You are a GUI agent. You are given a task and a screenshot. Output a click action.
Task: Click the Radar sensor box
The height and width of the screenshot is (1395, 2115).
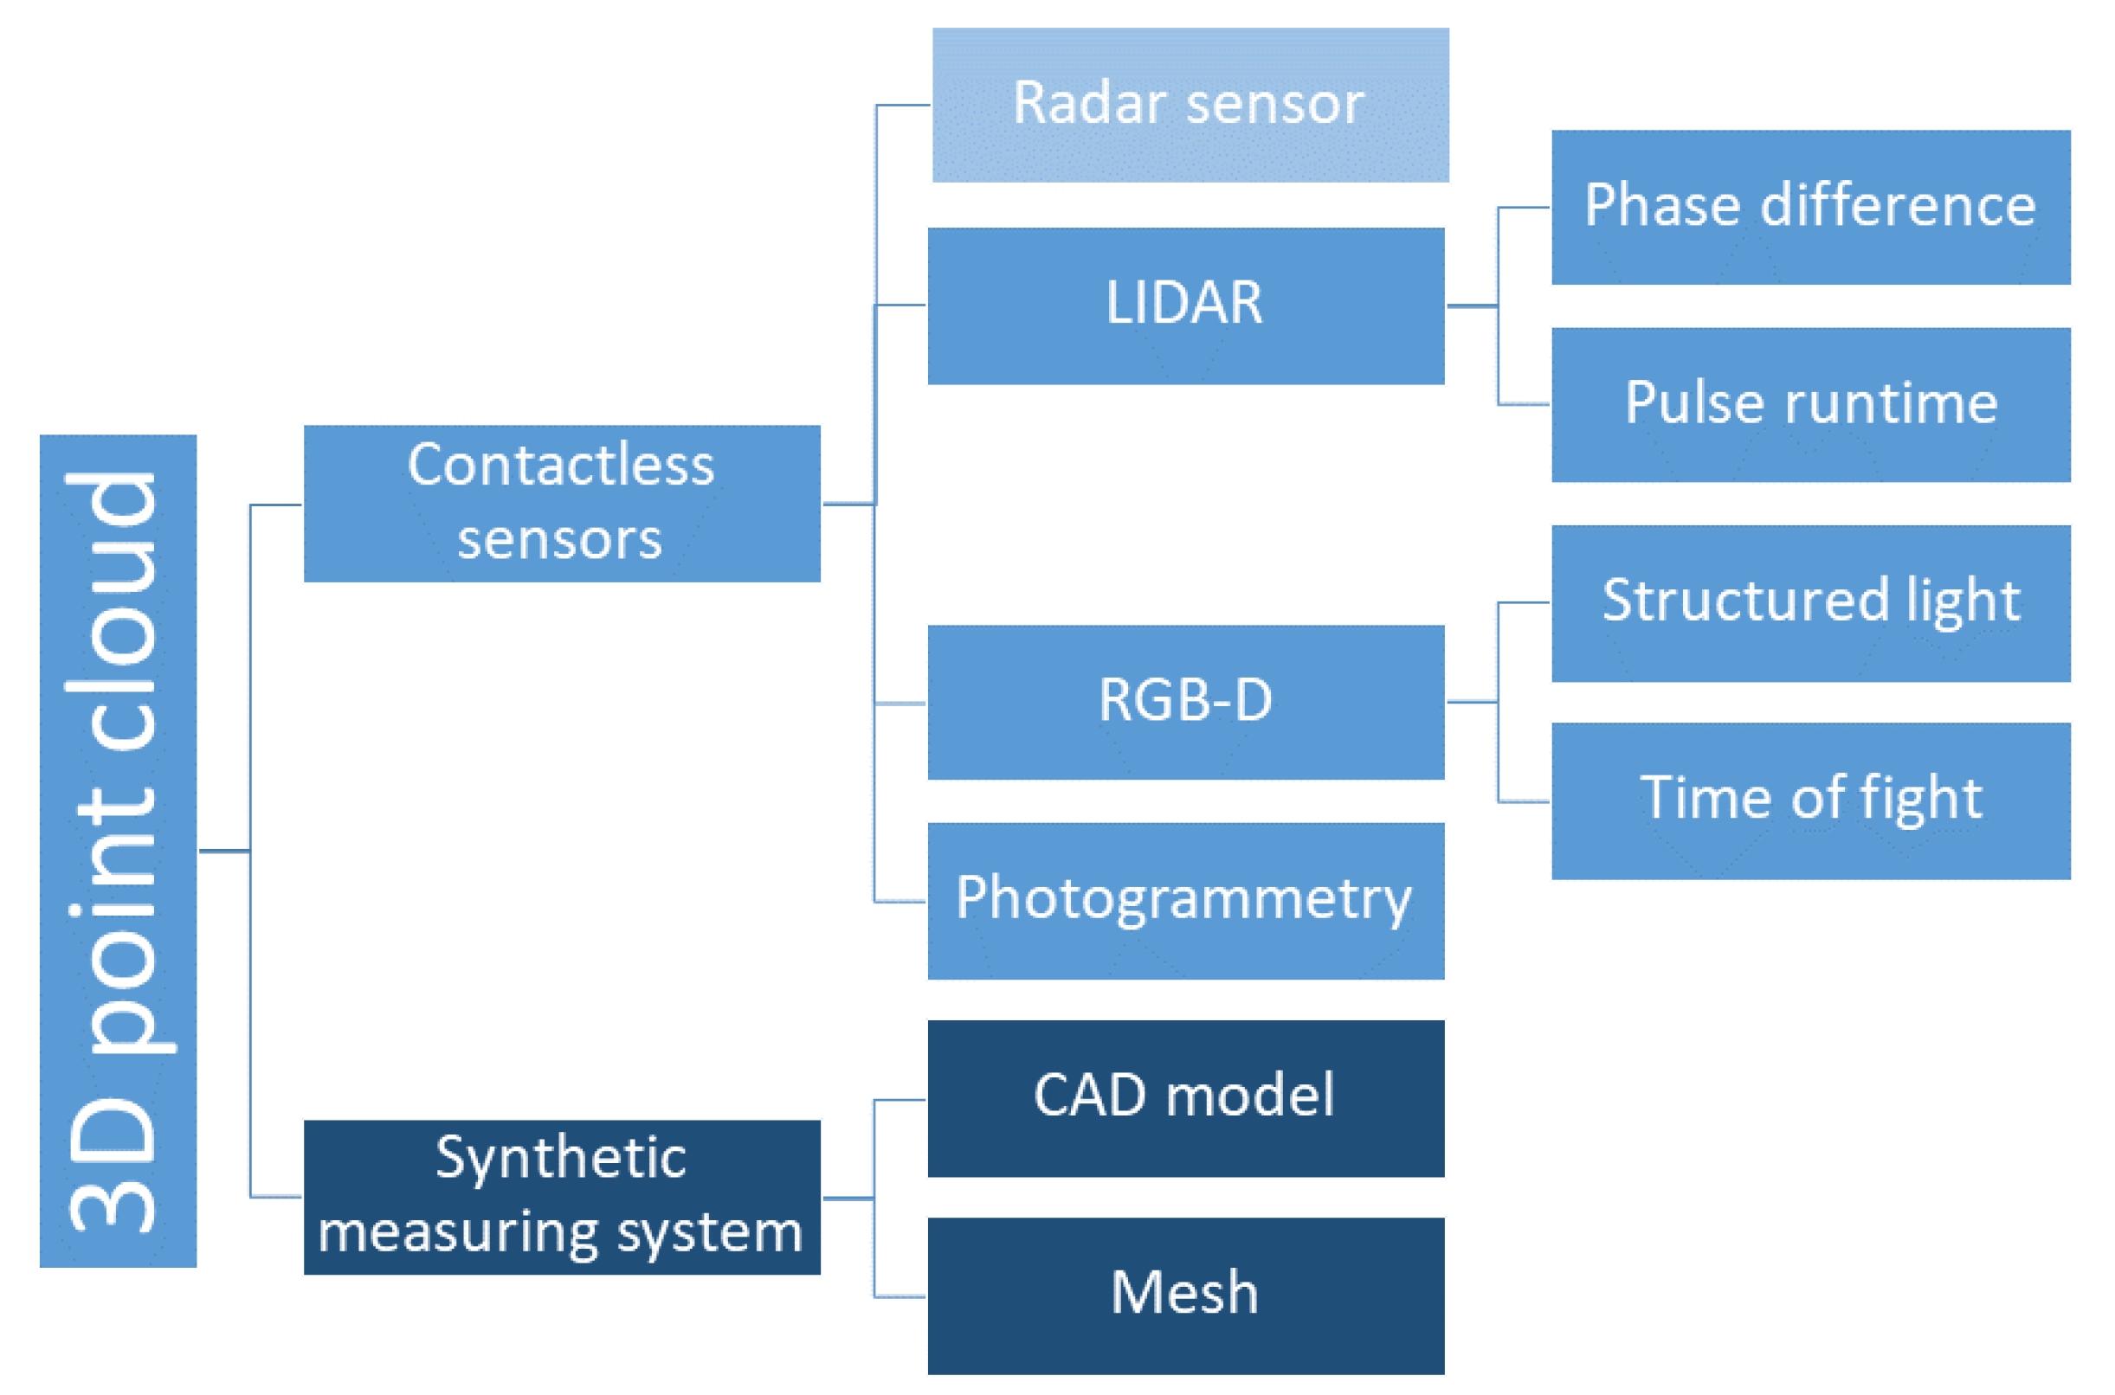(x=1190, y=105)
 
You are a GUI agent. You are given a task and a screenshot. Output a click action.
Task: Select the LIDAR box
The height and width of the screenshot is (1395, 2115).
(x=1185, y=306)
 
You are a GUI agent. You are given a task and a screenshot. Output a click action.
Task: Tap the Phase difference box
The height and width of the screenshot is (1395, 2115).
(x=1809, y=208)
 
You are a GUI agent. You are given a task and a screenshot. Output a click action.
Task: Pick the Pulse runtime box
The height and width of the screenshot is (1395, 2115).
(x=1809, y=405)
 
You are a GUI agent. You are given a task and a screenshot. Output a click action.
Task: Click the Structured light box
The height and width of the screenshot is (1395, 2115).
(x=1809, y=603)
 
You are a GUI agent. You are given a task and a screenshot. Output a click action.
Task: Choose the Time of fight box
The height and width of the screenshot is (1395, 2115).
(x=1809, y=800)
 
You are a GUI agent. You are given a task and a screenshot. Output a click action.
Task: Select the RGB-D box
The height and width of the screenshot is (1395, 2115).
(x=1185, y=702)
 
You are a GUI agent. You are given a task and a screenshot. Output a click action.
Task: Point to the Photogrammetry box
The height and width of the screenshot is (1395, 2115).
(x=1185, y=900)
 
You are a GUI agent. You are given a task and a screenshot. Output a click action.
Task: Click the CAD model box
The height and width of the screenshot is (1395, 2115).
(x=1185, y=1099)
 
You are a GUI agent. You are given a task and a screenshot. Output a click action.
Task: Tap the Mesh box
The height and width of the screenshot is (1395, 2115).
(x=1185, y=1296)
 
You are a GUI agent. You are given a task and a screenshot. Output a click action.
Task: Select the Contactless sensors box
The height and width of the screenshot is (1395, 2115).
(x=562, y=504)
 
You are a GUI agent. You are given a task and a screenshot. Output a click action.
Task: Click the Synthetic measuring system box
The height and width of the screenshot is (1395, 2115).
(x=562, y=1198)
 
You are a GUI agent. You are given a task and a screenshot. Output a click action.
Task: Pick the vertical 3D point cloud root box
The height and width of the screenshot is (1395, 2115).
(x=118, y=851)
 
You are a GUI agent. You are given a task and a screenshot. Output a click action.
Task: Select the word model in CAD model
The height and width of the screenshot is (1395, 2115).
(x=1249, y=1096)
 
